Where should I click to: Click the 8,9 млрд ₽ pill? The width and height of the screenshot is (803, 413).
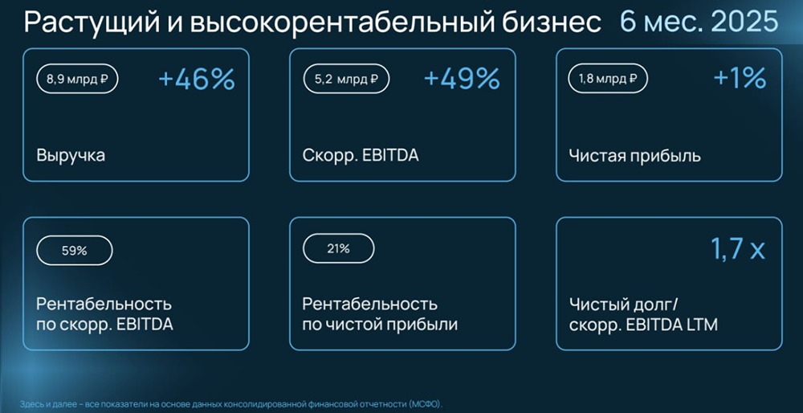coord(77,79)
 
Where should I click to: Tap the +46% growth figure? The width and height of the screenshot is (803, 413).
coord(197,80)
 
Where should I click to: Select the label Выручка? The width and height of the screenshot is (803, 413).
coord(71,155)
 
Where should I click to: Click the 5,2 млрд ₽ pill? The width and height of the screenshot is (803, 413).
coord(346,79)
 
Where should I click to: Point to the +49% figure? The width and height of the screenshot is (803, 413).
coord(462,80)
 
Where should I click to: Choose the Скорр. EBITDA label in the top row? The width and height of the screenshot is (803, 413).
coord(361,156)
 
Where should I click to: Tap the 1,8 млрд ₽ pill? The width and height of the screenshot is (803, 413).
coord(609,79)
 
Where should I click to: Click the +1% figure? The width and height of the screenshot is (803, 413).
coord(740,80)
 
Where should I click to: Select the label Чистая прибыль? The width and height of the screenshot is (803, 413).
coord(635,156)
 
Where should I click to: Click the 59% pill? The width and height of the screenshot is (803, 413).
coord(74,251)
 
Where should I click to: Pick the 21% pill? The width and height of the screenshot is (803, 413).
coord(339,250)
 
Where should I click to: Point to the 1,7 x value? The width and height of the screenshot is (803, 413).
coord(738,250)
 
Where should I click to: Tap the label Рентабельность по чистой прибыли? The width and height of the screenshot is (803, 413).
coord(380,315)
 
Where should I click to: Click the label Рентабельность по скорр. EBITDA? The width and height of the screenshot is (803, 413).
coord(104,315)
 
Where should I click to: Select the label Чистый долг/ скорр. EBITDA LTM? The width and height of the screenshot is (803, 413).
coord(643,315)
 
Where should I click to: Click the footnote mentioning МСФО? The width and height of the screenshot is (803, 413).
coord(231,404)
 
